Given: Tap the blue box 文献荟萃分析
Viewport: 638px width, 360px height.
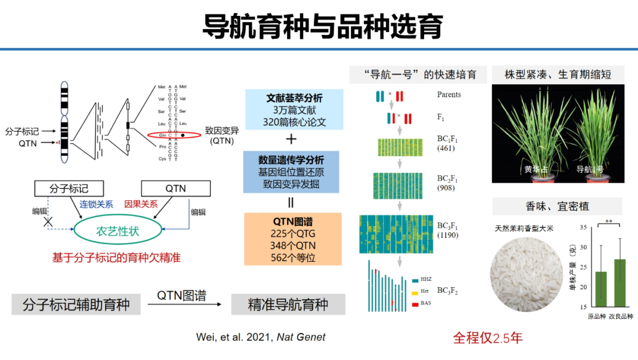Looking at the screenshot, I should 294,110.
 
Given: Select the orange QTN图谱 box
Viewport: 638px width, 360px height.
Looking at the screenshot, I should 294,239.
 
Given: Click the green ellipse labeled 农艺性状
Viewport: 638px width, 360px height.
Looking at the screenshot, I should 118,231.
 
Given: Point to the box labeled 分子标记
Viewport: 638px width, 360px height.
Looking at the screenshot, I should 69,189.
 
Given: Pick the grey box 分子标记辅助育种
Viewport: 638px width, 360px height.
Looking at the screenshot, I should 76,304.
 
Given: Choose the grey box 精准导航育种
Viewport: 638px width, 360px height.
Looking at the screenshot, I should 288,304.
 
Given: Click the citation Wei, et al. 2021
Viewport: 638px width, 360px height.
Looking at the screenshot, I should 261,337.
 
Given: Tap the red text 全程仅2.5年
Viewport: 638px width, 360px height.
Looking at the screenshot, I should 487,338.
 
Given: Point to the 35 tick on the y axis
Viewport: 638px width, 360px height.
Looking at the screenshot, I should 582,228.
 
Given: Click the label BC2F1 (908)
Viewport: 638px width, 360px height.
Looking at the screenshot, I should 447,183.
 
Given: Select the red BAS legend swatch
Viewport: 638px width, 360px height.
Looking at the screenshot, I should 414,304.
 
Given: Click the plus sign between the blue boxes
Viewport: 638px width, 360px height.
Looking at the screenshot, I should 291,139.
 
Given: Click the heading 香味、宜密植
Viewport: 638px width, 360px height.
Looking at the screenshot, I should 557,206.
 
